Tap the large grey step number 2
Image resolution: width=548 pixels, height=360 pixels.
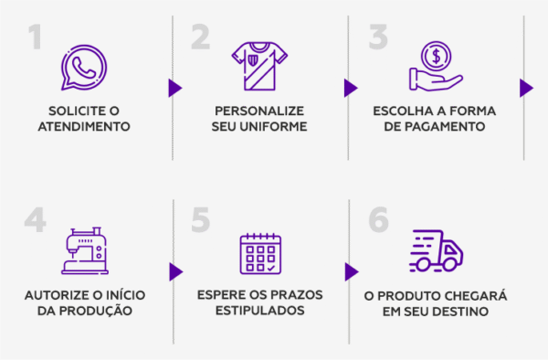click(x=201, y=38)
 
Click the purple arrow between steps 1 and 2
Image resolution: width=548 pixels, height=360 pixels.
click(x=174, y=88)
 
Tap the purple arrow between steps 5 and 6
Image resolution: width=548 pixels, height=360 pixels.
click(x=351, y=272)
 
